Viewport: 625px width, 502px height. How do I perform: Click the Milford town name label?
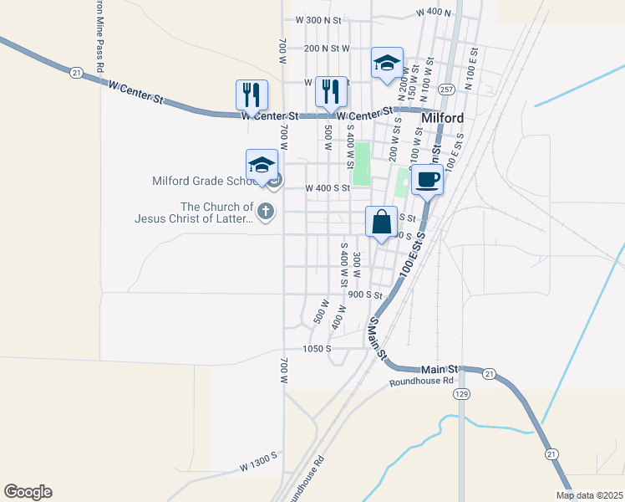[443, 118]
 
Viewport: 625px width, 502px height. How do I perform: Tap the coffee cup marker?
[428, 179]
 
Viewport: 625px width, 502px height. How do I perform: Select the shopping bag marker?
[381, 223]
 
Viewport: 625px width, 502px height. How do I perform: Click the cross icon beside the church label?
[266, 211]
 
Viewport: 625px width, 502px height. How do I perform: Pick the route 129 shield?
[461, 392]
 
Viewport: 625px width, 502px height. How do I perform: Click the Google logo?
[28, 492]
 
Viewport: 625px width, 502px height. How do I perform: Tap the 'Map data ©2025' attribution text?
[589, 495]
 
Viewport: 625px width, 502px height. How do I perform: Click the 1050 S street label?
[317, 348]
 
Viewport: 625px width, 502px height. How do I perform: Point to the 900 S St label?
[365, 295]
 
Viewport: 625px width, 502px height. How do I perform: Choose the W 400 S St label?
[327, 188]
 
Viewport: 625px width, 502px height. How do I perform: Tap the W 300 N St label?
[319, 19]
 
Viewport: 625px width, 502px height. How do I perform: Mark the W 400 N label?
[433, 13]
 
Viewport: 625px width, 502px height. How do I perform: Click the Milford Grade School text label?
[204, 181]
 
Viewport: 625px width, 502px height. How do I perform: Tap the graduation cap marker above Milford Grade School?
[262, 164]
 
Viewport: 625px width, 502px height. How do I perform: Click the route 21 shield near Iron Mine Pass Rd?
[76, 74]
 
